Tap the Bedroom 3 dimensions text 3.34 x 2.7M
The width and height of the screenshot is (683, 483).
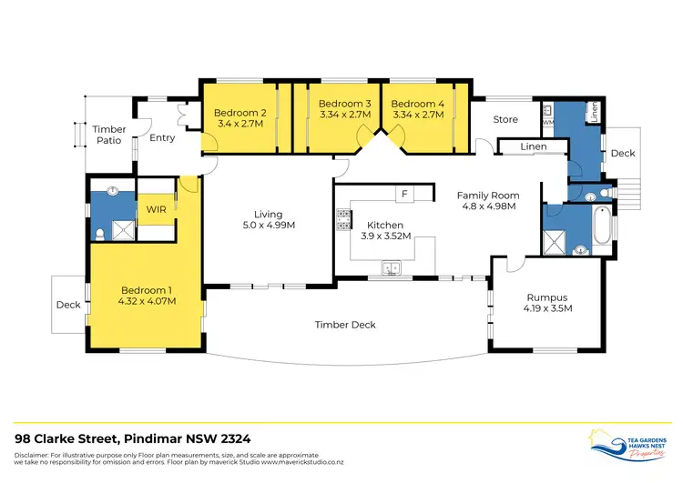(x=344, y=116)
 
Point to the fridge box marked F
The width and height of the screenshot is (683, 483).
(x=402, y=194)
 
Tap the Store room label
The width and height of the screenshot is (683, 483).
(x=505, y=119)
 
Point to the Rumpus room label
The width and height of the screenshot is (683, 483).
(x=546, y=297)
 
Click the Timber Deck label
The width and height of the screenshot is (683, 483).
(x=345, y=325)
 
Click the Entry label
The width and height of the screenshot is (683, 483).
(x=162, y=138)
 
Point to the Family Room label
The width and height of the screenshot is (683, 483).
(x=489, y=196)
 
